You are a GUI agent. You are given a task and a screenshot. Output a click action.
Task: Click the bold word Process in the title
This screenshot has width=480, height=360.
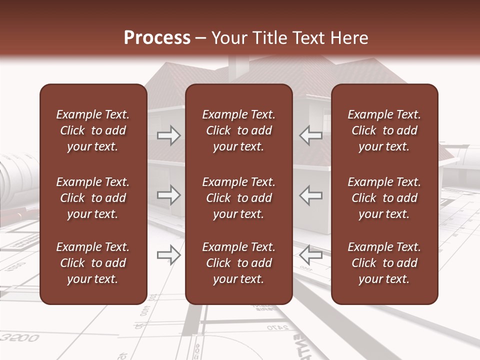coord(157,38)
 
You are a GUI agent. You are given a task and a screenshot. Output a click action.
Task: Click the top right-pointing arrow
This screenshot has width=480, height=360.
coord(169,135)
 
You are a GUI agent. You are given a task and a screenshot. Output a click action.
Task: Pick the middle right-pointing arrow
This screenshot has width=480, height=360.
coord(169,195)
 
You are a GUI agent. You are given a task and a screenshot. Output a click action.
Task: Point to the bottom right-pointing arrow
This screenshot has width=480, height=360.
coord(169,255)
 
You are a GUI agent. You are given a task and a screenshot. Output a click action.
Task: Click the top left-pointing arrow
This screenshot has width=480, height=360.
coord(311,135)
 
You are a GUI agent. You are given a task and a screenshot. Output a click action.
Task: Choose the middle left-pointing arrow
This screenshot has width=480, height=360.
coord(311,195)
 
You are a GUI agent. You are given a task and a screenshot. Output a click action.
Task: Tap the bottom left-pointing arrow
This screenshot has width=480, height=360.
coord(311,255)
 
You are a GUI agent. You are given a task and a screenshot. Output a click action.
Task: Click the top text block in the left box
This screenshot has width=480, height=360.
coord(93,130)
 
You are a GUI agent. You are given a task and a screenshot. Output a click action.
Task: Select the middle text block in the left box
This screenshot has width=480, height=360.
coord(93,198)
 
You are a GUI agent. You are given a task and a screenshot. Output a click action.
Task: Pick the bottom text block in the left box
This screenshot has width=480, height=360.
coord(93,263)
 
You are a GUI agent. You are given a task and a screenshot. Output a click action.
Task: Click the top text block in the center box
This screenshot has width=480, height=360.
coord(238,130)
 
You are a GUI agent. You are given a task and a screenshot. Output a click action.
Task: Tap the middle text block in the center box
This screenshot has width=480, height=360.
coord(238,198)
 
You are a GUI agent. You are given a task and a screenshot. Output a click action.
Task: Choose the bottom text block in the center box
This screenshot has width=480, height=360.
coord(238,263)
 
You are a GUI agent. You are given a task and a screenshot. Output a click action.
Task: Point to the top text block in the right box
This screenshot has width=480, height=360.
coord(384,130)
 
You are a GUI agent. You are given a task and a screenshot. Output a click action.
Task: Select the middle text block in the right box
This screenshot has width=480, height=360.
coord(384,198)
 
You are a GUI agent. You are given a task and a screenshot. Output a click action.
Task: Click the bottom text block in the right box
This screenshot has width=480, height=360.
coord(384,263)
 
